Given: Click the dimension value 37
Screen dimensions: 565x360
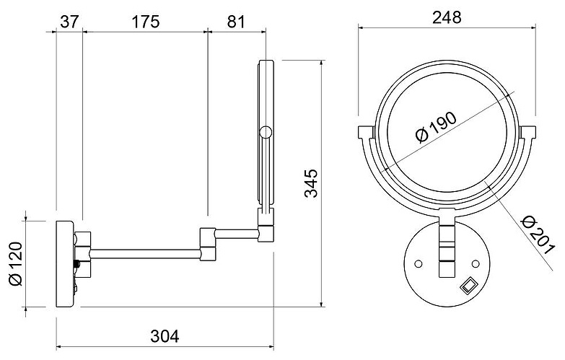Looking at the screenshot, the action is (x=69, y=22).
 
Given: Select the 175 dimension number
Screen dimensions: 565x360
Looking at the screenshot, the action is (x=145, y=22).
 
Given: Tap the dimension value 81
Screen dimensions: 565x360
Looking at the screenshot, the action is (x=236, y=22).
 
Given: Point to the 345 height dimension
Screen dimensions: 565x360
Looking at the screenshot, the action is (x=311, y=183).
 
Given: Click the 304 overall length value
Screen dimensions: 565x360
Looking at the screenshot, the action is (x=165, y=337).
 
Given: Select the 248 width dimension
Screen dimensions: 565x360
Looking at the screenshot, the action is (x=447, y=17).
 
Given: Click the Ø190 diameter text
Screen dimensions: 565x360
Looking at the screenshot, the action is (x=436, y=128).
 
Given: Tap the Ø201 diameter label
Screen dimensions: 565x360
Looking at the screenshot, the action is (x=538, y=235).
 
